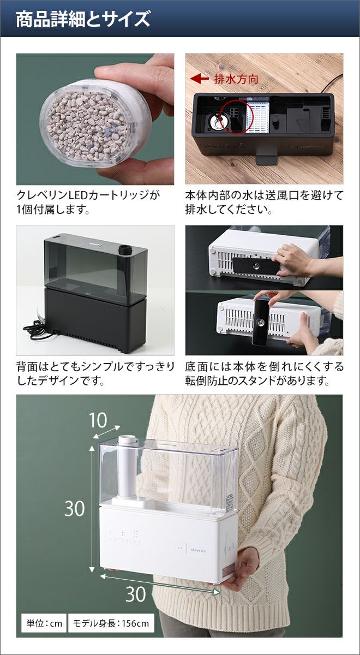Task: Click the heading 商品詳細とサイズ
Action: point(83,19)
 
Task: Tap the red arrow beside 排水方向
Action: point(199,79)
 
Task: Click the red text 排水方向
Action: point(236,79)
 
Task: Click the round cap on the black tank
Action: point(125,250)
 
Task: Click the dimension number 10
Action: point(98,420)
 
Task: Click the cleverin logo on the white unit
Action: point(198,550)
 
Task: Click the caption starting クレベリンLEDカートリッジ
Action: point(88,203)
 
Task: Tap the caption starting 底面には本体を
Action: point(264,374)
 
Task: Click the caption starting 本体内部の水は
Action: point(264,203)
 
